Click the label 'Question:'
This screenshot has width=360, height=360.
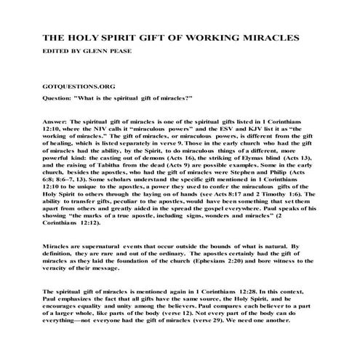click(x=60, y=97)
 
